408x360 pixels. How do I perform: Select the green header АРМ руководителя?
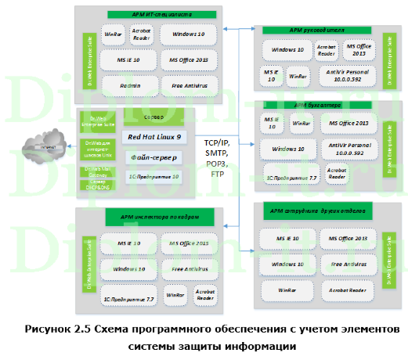point(314,31)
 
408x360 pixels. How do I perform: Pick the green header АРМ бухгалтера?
point(315,104)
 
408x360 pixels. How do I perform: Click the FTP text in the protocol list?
point(217,174)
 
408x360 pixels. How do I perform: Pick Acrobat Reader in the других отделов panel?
point(346,290)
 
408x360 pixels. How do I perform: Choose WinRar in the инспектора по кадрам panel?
point(180,296)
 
